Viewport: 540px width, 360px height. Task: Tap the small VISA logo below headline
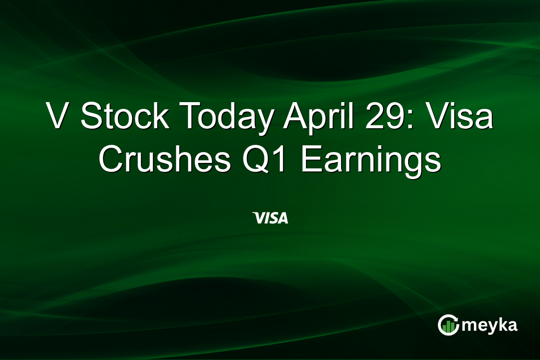(270, 219)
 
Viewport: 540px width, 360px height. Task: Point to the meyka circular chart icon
(448, 325)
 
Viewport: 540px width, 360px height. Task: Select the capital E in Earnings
(309, 160)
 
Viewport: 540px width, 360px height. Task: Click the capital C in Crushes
(111, 160)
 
